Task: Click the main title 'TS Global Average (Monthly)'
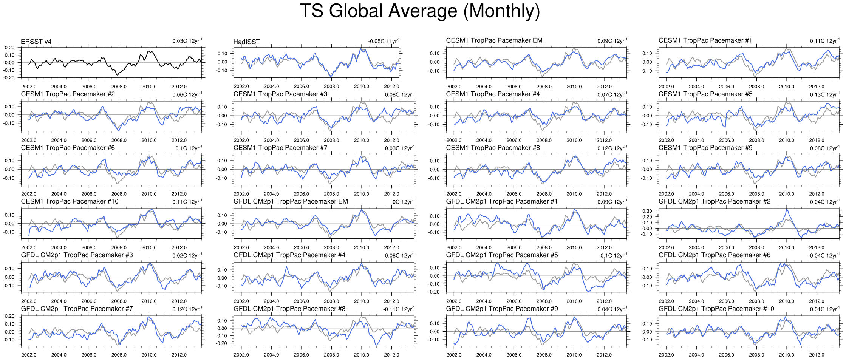[x=420, y=11]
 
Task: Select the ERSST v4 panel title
[x=36, y=42]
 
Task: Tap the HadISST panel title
[x=246, y=42]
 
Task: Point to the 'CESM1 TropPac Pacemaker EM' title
[x=494, y=40]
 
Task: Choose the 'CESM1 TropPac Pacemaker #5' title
[x=705, y=94]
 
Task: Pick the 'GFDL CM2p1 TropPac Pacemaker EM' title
[x=291, y=201]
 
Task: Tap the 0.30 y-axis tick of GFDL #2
[x=647, y=211]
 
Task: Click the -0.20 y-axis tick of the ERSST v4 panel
[x=10, y=78]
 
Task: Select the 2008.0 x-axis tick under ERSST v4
[x=119, y=87]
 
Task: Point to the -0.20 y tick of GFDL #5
[x=435, y=292]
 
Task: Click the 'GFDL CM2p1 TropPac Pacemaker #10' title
[x=716, y=309]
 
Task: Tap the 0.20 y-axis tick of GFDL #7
[x=10, y=316]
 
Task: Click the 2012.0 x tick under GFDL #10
[x=817, y=355]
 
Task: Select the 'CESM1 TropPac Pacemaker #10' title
[x=70, y=201]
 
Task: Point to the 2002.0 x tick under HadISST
[x=241, y=87]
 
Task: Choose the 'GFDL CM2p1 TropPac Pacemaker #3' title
[x=77, y=255]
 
